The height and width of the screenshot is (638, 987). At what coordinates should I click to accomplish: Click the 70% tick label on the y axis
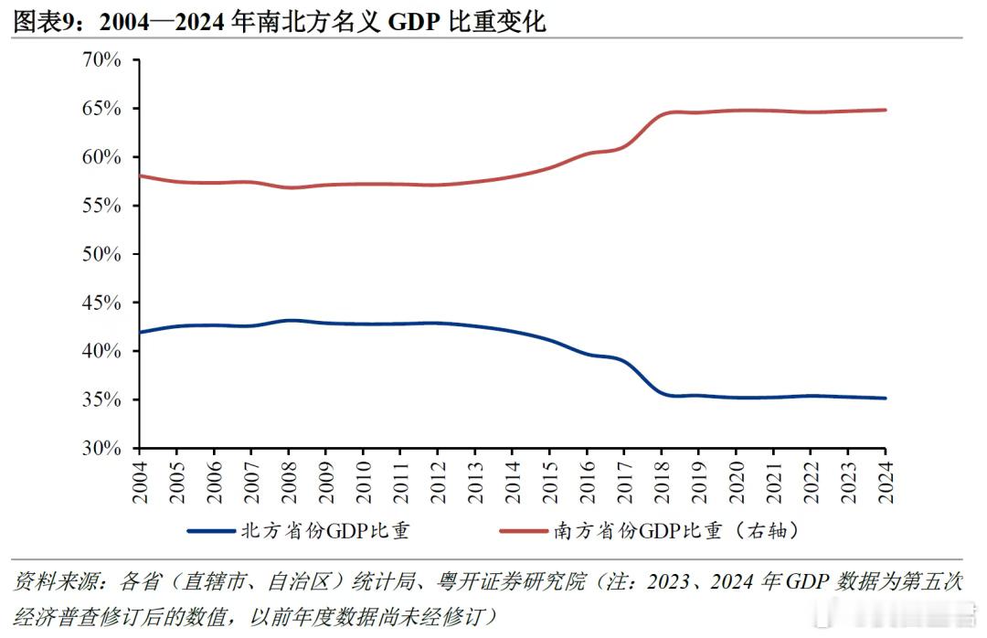[x=101, y=60]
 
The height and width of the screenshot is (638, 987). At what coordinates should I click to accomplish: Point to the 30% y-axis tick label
[x=101, y=449]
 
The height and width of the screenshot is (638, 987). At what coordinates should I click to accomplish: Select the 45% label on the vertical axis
[x=101, y=303]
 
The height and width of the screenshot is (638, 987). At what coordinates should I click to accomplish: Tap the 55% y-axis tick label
[x=101, y=206]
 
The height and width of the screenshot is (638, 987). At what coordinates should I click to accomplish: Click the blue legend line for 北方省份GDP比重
[x=213, y=530]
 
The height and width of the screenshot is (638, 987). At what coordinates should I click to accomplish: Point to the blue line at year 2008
[x=288, y=321]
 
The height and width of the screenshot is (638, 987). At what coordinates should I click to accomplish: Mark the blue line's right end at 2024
[x=886, y=398]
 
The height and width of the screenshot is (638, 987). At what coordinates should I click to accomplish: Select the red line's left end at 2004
[x=139, y=175]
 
